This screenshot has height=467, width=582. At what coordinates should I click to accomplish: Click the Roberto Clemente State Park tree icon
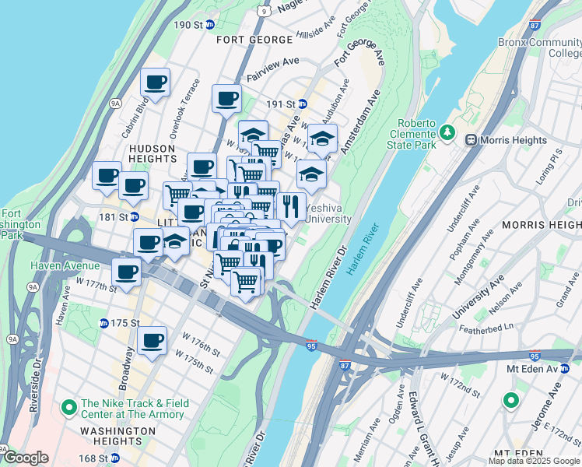447,133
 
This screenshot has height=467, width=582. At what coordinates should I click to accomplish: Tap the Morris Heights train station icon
471,139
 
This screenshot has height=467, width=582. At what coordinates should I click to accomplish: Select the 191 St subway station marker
303,104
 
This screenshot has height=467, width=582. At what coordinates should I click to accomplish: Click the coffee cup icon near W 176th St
153,339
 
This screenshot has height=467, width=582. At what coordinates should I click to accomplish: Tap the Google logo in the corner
25,458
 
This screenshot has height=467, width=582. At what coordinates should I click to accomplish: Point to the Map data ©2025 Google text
533,460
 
